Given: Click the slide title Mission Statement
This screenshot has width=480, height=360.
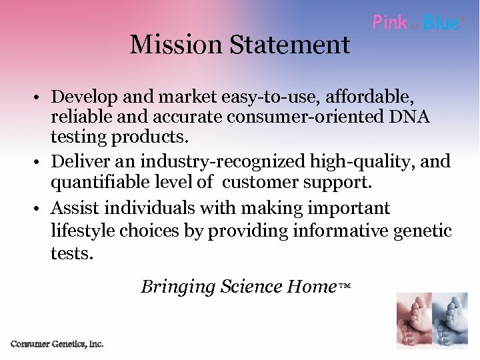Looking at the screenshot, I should (x=239, y=45).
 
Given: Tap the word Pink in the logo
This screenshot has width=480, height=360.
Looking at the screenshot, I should (x=390, y=23).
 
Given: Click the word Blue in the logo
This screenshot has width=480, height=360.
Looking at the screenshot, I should (x=441, y=23).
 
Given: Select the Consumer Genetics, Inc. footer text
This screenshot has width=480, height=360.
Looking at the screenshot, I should (x=57, y=344).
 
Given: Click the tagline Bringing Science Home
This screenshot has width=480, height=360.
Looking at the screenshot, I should (x=238, y=287).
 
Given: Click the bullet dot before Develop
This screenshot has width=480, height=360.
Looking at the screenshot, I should (x=41, y=97).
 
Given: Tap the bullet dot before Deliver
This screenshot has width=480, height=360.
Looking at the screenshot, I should (x=41, y=162).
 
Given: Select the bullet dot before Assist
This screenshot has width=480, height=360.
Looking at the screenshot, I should (x=41, y=209).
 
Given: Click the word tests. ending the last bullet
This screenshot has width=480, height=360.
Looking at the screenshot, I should (x=71, y=253).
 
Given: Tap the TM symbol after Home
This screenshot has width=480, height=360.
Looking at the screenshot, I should (x=344, y=287).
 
